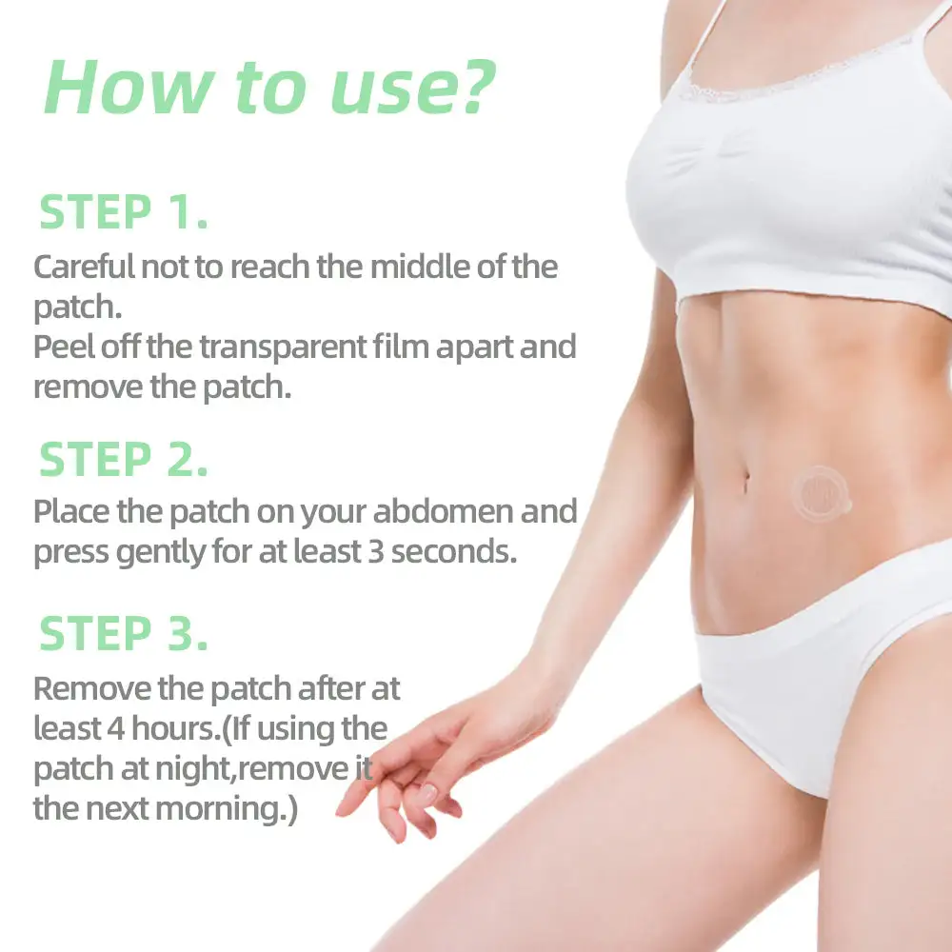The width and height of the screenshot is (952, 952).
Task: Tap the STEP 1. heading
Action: [x=124, y=212]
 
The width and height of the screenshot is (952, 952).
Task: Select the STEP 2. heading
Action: [x=124, y=460]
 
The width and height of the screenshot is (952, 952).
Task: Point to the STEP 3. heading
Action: [x=124, y=633]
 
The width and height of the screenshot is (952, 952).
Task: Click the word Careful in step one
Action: [x=84, y=267]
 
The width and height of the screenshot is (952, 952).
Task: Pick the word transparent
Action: [x=283, y=347]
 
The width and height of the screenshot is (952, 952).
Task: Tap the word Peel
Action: [x=63, y=347]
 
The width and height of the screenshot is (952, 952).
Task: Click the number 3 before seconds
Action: [x=376, y=552]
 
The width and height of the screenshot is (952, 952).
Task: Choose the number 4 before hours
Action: [x=116, y=728]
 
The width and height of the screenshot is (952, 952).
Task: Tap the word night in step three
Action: [x=193, y=770]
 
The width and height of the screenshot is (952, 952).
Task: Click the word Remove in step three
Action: [x=91, y=689]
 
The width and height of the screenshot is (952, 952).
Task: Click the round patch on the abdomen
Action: [x=821, y=493]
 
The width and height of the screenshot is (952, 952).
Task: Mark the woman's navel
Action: [x=746, y=482]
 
